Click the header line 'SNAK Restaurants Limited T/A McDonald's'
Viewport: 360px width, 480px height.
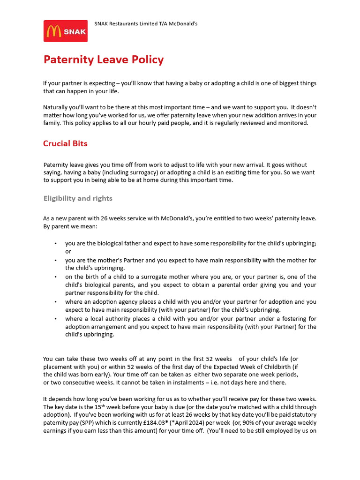coord(146,23)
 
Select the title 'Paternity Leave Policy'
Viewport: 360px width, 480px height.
coord(104,60)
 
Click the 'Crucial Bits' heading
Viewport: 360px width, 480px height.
coord(65,143)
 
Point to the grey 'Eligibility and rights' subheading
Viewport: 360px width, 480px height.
coord(78,198)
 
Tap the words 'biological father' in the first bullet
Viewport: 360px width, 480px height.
coord(110,243)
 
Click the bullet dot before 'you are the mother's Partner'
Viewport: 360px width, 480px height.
coord(56,260)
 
